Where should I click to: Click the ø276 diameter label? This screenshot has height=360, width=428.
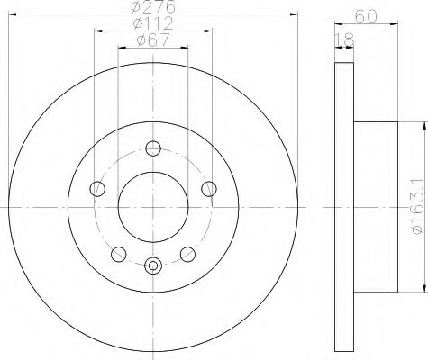[153, 6]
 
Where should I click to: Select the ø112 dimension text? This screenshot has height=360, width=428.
[153, 23]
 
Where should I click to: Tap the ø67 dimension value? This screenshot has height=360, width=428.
[153, 40]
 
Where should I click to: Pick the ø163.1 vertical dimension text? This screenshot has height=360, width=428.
[418, 208]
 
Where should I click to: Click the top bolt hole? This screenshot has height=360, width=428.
[153, 148]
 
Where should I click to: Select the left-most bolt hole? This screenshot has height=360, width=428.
[97, 189]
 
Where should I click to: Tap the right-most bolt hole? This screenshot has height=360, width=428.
[209, 189]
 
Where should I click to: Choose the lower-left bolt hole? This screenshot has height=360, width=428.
[119, 254]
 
